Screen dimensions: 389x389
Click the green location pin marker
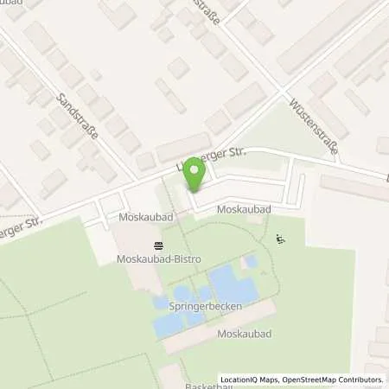point(194,175)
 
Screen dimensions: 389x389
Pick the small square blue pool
point(251,260)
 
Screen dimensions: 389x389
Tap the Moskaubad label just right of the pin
point(240,211)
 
